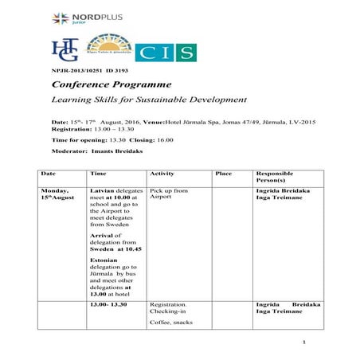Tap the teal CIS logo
(166, 53)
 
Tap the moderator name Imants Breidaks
(104, 151)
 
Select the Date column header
(48, 173)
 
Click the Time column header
(99, 173)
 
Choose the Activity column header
(162, 173)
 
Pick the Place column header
(224, 173)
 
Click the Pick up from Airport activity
(168, 194)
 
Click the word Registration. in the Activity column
(168, 303)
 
